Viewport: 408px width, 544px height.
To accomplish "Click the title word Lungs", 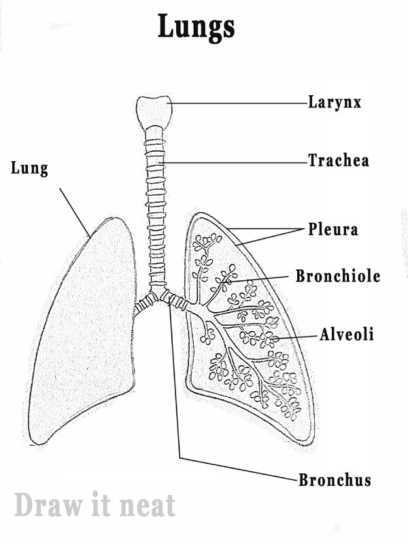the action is click(197, 27).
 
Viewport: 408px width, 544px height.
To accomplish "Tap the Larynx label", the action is click(334, 103).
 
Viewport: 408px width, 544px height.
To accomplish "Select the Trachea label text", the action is click(338, 161).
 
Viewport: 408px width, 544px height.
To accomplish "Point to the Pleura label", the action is click(333, 229).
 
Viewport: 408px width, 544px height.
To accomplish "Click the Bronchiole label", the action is click(337, 277).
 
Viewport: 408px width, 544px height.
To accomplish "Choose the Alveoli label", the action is click(347, 335).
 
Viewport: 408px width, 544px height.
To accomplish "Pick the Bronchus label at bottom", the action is click(335, 480).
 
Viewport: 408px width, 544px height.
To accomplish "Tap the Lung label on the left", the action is click(29, 168).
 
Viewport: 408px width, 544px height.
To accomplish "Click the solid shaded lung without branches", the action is click(85, 333).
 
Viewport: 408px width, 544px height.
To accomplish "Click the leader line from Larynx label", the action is click(238, 103).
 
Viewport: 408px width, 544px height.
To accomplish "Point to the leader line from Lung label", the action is click(75, 212).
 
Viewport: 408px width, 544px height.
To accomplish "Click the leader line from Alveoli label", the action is click(299, 336).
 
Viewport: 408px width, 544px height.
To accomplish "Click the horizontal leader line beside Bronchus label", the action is click(238, 469).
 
